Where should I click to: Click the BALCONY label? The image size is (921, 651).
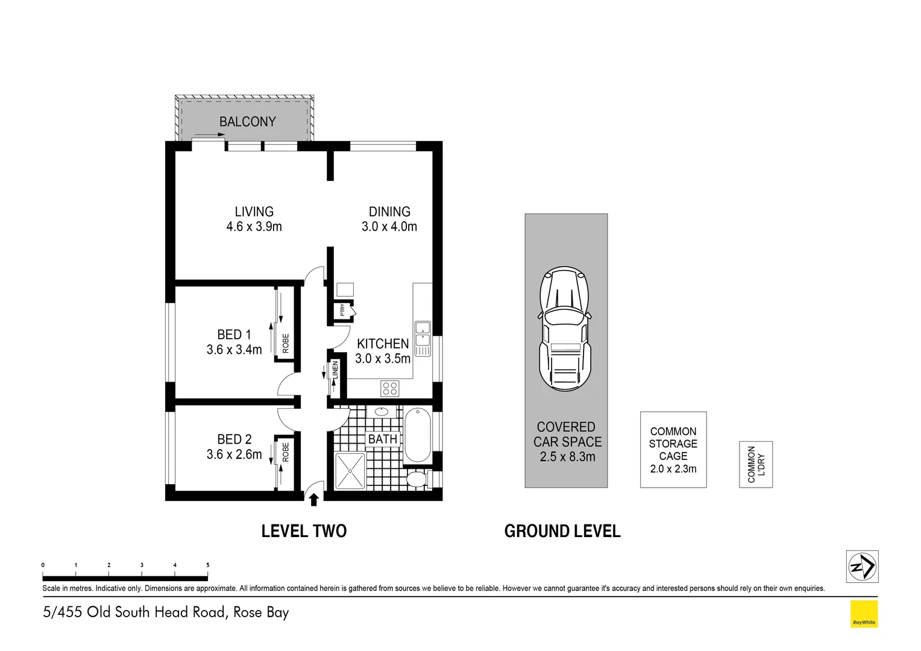pyautogui.click(x=247, y=122)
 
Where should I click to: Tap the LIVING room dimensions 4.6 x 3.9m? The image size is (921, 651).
pyautogui.click(x=254, y=227)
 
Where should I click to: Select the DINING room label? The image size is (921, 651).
pyautogui.click(x=389, y=212)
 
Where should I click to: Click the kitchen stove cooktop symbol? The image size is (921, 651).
pyautogui.click(x=389, y=388)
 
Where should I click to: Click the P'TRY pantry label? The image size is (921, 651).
pyautogui.click(x=342, y=310)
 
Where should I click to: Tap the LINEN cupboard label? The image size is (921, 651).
pyautogui.click(x=335, y=370)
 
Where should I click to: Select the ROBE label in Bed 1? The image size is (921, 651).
pyautogui.click(x=286, y=343)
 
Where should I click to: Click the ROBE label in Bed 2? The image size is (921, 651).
pyautogui.click(x=286, y=452)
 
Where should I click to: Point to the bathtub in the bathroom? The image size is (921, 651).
pyautogui.click(x=416, y=435)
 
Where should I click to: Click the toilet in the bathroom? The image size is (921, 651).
pyautogui.click(x=416, y=479)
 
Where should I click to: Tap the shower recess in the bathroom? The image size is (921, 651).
pyautogui.click(x=350, y=471)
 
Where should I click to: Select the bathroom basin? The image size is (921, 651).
pyautogui.click(x=382, y=412)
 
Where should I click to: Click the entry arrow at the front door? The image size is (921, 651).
pyautogui.click(x=313, y=499)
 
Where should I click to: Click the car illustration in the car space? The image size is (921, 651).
pyautogui.click(x=565, y=329)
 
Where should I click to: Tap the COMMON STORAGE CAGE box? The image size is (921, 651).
pyautogui.click(x=673, y=450)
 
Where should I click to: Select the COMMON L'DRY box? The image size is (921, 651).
pyautogui.click(x=755, y=464)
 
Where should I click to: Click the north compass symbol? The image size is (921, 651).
pyautogui.click(x=862, y=567)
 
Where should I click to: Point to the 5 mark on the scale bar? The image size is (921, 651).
pyautogui.click(x=208, y=565)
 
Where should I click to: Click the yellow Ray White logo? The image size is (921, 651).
pyautogui.click(x=864, y=614)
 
